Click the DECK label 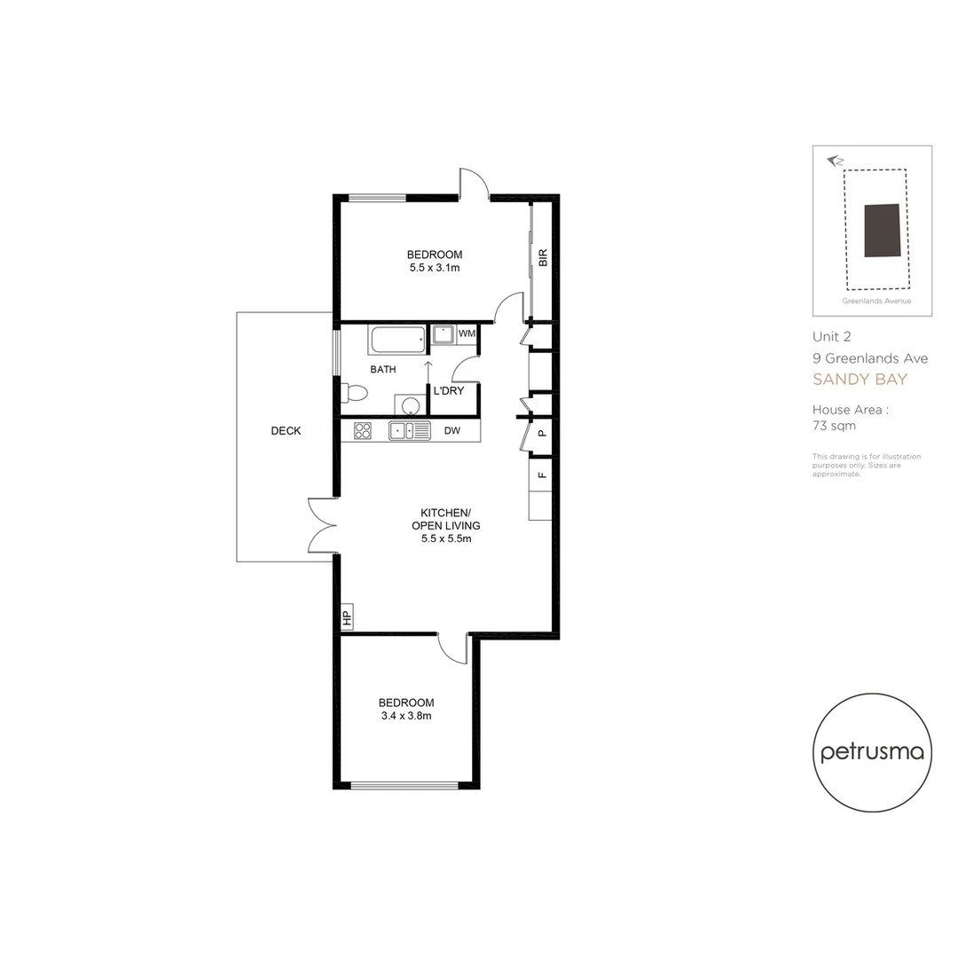tap(286, 431)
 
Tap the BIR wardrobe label tap(543, 258)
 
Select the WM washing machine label tap(467, 334)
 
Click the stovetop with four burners tap(363, 431)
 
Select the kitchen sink tap(409, 431)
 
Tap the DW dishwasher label tap(452, 431)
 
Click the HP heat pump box tap(347, 617)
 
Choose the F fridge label tap(541, 475)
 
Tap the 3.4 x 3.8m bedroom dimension tap(404, 716)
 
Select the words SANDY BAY tap(860, 380)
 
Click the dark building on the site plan tap(882, 230)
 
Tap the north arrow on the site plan tap(834, 161)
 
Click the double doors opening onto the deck tap(322, 525)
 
